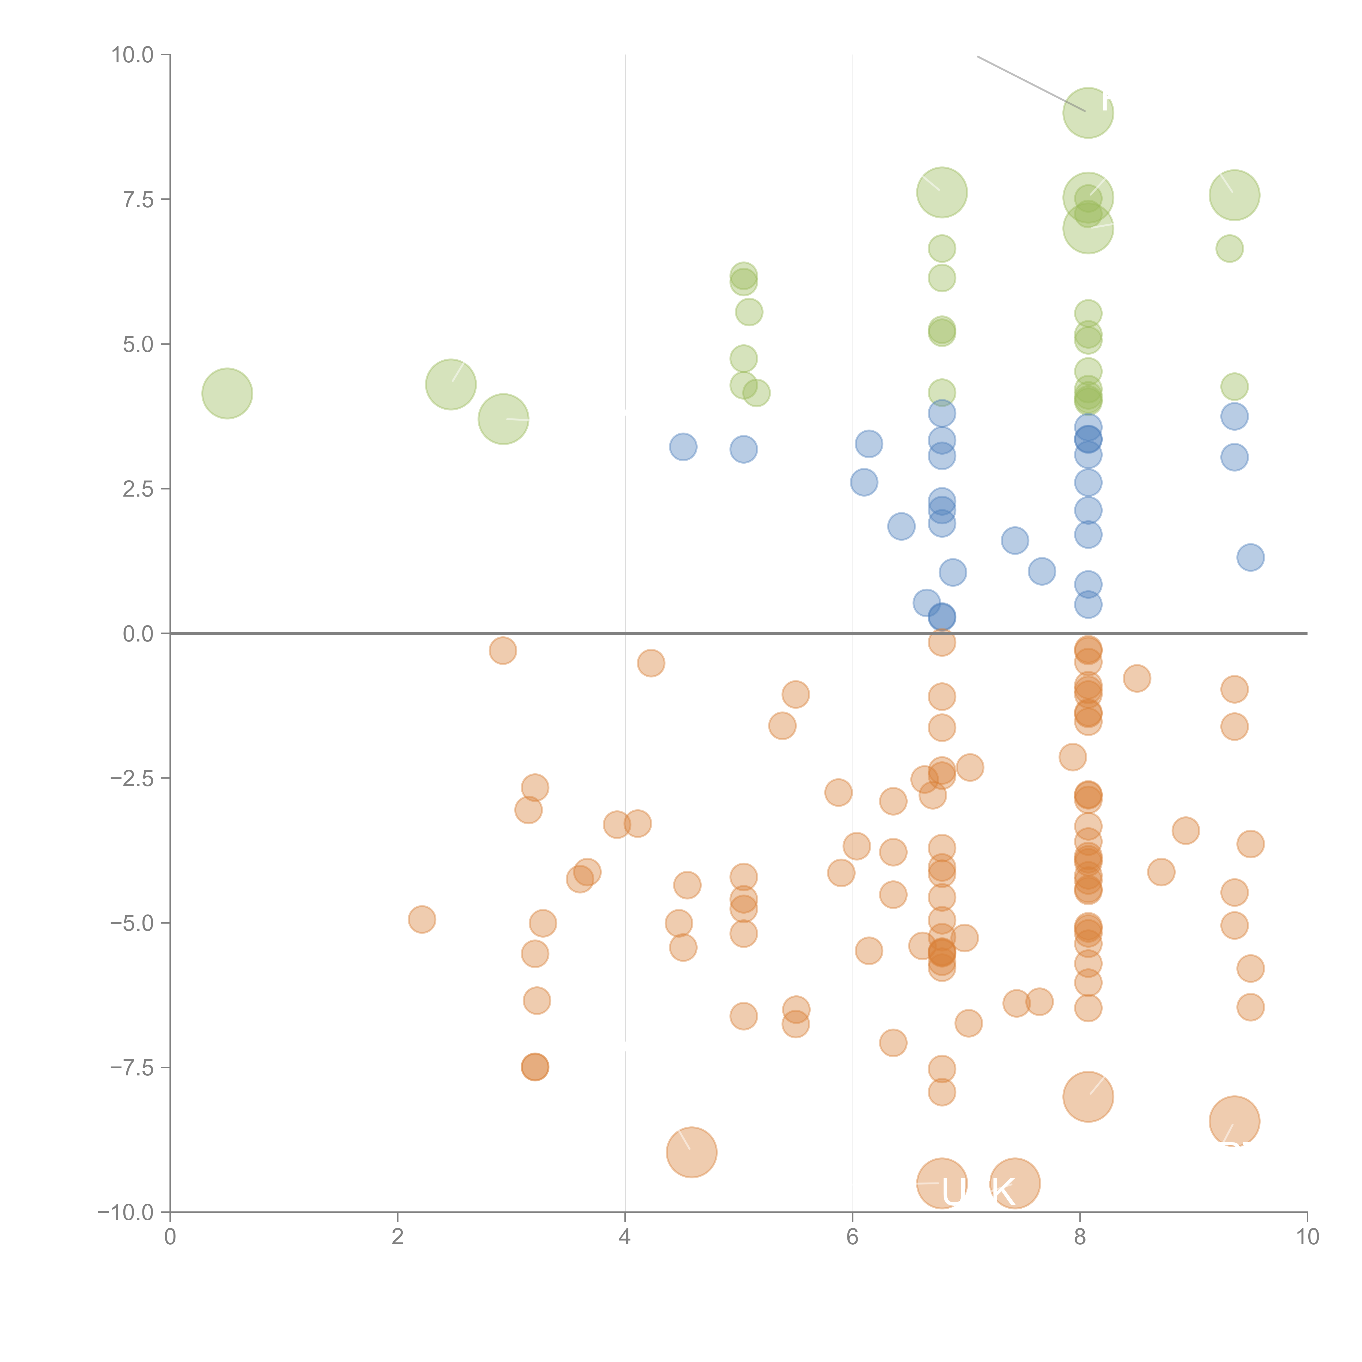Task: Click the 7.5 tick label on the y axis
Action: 138,199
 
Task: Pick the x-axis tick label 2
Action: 398,1237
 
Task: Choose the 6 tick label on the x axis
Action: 852,1237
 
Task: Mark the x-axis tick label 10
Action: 1307,1237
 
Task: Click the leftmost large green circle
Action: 227,393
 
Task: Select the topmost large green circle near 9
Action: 1088,113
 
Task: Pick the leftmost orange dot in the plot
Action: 422,919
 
